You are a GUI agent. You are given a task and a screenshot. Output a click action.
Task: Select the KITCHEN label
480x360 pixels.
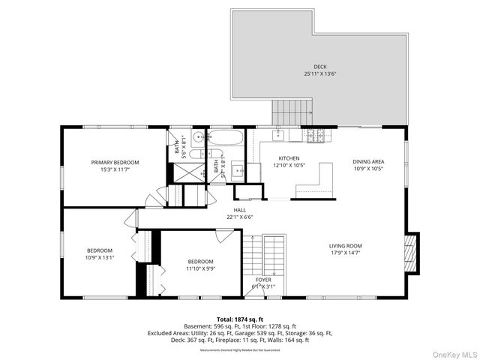click(x=289, y=158)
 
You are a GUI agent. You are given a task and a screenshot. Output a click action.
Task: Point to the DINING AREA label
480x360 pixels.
click(x=368, y=161)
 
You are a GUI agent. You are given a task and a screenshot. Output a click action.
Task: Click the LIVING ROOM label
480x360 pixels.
click(x=345, y=246)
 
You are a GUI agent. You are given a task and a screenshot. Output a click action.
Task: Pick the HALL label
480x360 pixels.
click(x=240, y=210)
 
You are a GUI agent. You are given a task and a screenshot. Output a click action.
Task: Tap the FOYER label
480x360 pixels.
click(x=263, y=280)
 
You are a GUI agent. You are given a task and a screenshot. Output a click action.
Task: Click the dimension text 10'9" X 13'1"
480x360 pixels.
click(x=99, y=257)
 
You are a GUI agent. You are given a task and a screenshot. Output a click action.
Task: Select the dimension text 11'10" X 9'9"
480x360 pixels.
click(x=200, y=268)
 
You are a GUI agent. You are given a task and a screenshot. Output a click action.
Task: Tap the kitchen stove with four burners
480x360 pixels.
click(x=316, y=134)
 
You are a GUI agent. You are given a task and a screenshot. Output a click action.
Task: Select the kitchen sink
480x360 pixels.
click(x=278, y=135)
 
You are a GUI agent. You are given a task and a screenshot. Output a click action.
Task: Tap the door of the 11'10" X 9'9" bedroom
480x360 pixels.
click(x=225, y=236)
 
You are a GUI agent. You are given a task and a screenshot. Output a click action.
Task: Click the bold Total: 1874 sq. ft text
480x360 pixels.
click(x=240, y=319)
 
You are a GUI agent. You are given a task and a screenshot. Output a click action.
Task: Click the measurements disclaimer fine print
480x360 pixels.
click(x=240, y=349)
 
